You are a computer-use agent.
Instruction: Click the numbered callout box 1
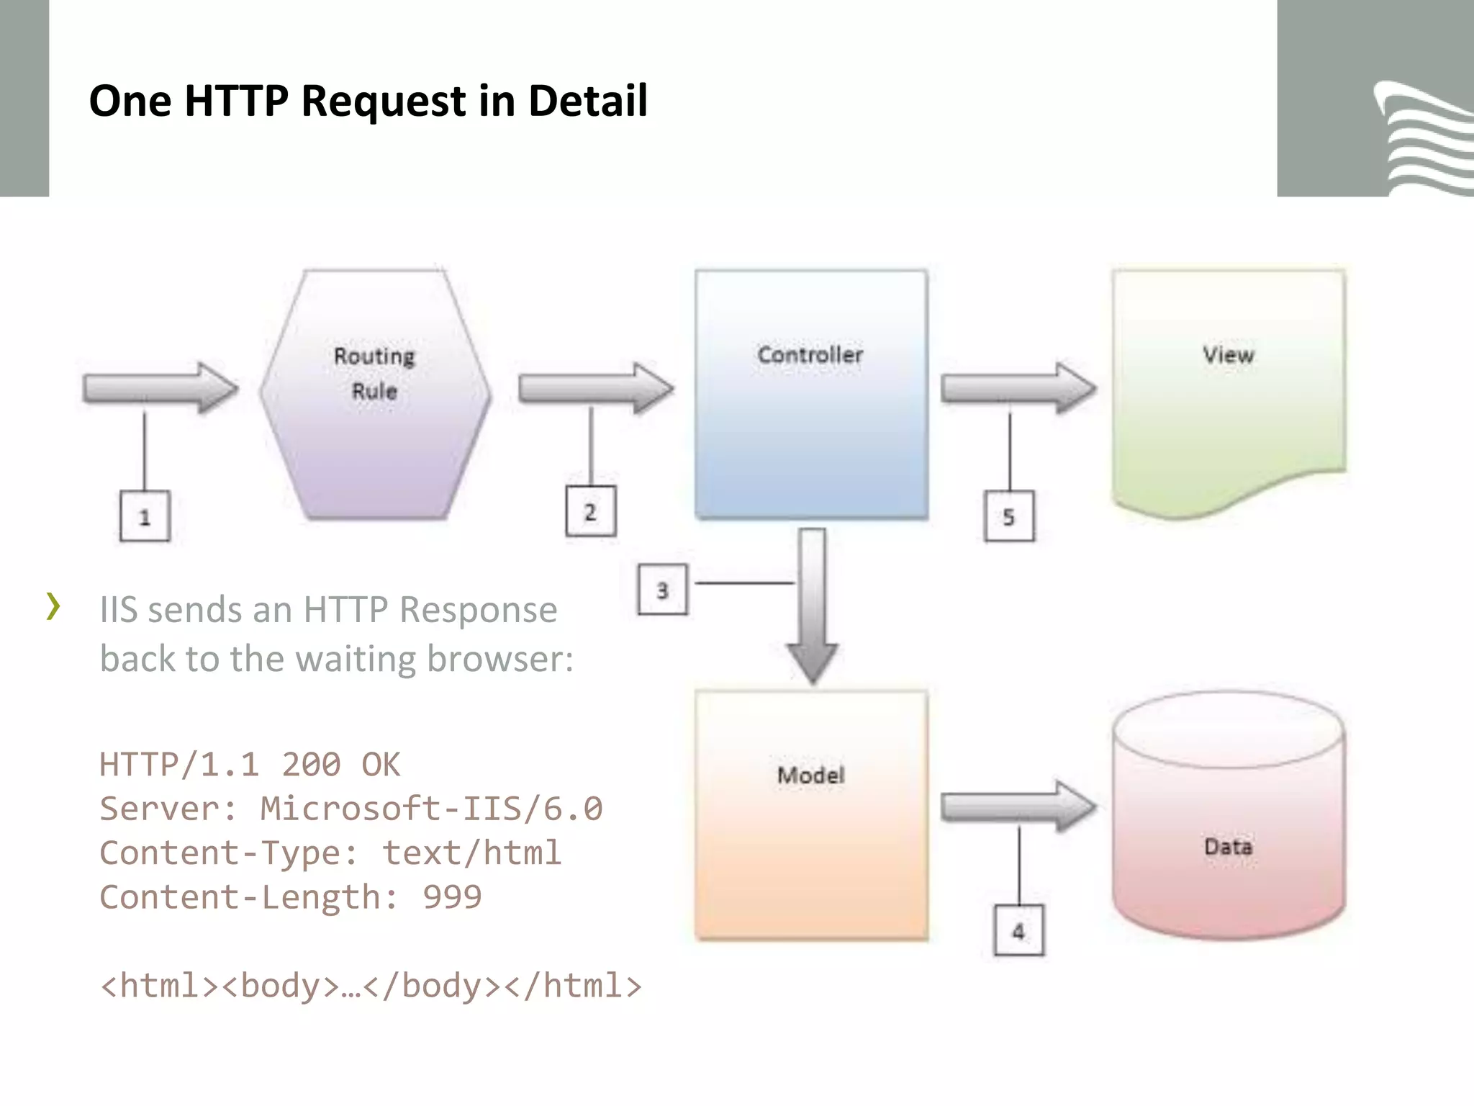point(145,516)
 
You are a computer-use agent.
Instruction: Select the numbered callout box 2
point(590,512)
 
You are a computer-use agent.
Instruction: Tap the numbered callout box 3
point(662,590)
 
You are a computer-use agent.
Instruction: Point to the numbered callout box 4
point(1018,930)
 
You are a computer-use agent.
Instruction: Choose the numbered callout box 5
point(1008,516)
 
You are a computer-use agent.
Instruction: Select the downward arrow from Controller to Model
point(813,605)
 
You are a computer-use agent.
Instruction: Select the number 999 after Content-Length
point(452,897)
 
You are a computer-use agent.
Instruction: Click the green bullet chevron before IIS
point(53,606)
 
